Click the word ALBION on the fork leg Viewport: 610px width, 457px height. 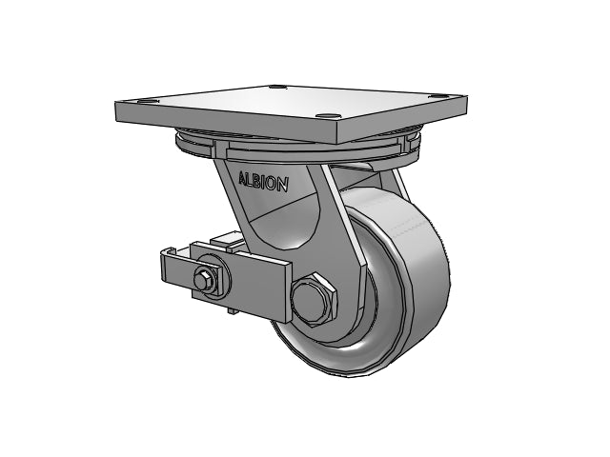point(263,182)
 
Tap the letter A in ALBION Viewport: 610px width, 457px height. point(243,178)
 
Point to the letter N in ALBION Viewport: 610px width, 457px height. point(283,185)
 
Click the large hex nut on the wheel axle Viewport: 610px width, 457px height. point(314,298)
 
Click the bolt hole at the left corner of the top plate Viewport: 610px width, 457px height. point(147,102)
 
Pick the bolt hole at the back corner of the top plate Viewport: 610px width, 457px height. point(277,87)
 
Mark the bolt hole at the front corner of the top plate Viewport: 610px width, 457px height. point(327,116)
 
